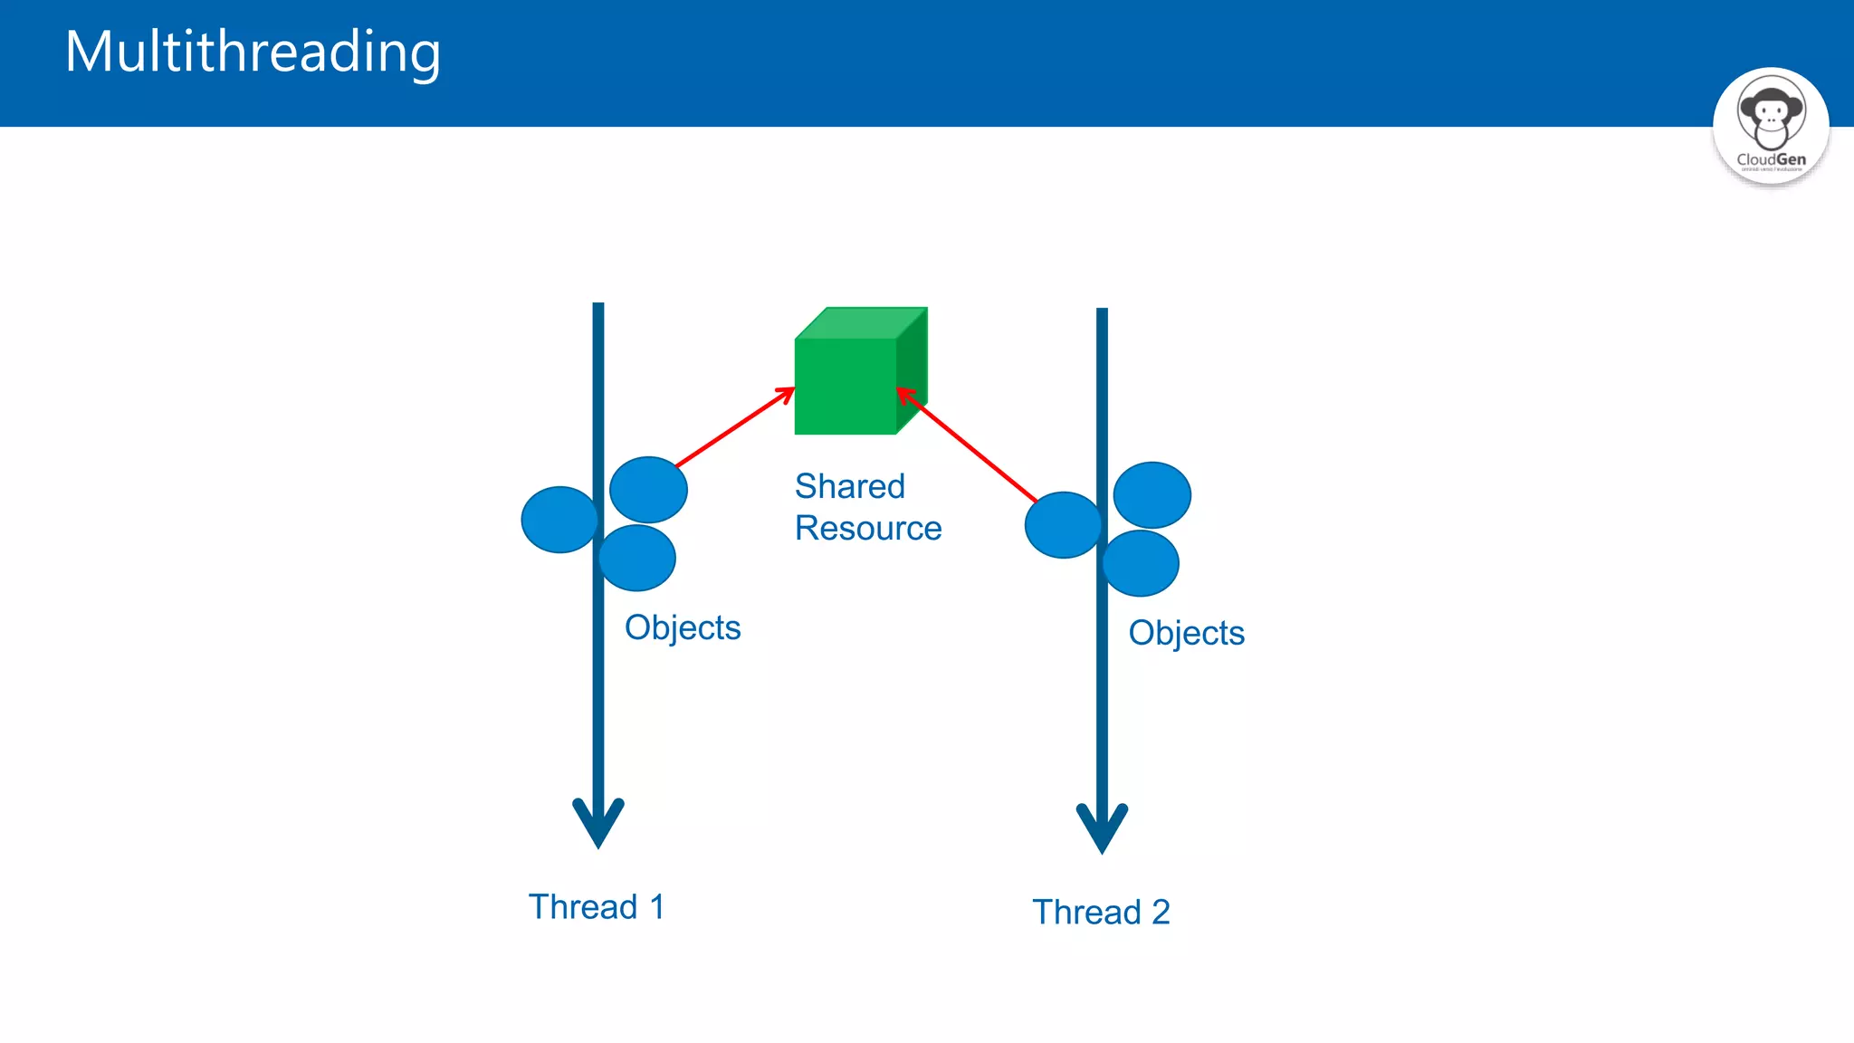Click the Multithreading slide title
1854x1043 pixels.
click(253, 52)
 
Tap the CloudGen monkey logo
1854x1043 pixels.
click(1771, 126)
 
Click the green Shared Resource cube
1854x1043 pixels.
click(846, 386)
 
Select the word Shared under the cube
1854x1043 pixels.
click(849, 486)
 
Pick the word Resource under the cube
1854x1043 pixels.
click(867, 528)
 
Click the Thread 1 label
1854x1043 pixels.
click(597, 906)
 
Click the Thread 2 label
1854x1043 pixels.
click(1101, 912)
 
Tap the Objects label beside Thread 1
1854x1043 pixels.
click(683, 627)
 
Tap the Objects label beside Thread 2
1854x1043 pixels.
click(1186, 633)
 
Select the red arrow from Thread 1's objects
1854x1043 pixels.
click(734, 427)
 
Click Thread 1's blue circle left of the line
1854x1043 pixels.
click(558, 520)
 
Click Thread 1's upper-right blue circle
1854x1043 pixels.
click(649, 489)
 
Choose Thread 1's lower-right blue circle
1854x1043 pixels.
click(639, 559)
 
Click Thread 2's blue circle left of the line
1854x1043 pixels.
click(1061, 525)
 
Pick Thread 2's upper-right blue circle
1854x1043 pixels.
click(1152, 495)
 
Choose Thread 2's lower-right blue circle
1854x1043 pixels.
click(1142, 564)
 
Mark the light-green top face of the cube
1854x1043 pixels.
click(860, 323)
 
